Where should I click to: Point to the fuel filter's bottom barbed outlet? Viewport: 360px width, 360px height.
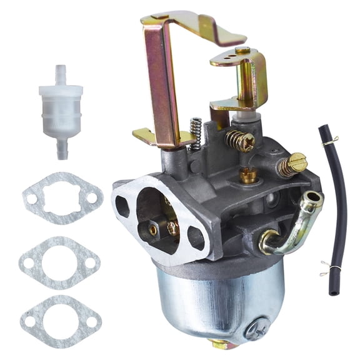click(62, 149)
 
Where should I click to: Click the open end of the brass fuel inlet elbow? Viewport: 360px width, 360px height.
click(310, 201)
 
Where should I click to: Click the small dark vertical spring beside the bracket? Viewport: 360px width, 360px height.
click(196, 133)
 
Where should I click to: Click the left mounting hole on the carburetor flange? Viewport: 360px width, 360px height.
click(122, 206)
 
